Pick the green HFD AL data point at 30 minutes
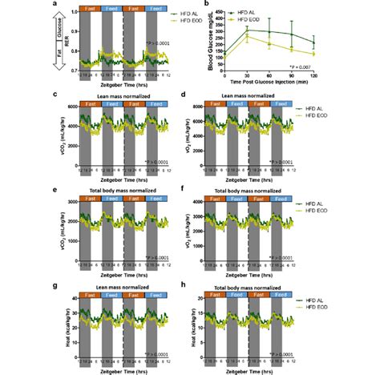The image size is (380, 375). click(x=249, y=29)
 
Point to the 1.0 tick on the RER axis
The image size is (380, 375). click(x=74, y=12)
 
